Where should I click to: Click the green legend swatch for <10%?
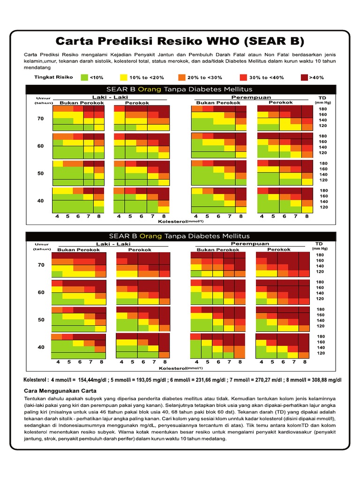[x=84, y=77]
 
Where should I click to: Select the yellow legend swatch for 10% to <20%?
[x=123, y=77]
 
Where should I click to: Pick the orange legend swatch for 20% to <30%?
[x=182, y=77]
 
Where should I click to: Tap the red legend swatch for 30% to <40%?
[x=243, y=77]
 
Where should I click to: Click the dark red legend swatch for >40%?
[x=304, y=77]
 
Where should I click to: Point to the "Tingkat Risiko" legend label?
[x=53, y=77]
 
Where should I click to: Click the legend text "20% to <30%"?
[x=205, y=78]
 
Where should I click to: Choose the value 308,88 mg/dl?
[x=327, y=380]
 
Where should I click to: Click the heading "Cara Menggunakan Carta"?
[x=60, y=391]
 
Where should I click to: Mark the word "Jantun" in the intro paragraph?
[x=166, y=55]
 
